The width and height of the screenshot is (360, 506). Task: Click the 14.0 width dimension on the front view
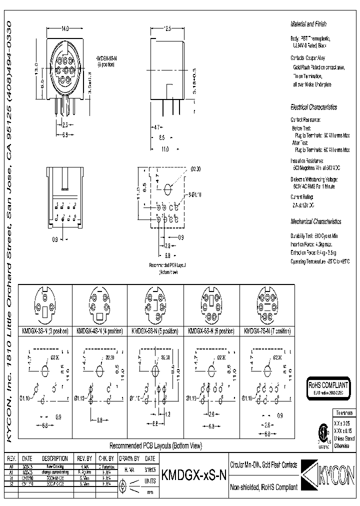coord(64,29)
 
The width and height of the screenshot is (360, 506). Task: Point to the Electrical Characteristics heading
coord(314,107)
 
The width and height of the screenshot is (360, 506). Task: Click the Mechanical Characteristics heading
coord(316,221)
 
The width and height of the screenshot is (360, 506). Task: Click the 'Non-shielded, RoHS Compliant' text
coord(263,487)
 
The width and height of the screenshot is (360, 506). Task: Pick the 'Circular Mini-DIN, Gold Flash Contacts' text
coord(263,464)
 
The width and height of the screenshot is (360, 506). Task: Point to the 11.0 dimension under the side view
coord(164,149)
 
